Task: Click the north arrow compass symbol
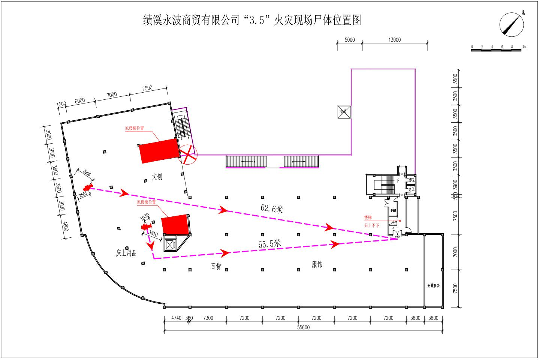(512, 25)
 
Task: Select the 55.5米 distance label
(269, 244)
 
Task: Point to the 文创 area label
(157, 177)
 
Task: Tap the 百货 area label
(216, 266)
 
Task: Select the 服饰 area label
(317, 264)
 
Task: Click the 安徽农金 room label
(433, 285)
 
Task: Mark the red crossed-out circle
(187, 154)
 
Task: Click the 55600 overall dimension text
(303, 327)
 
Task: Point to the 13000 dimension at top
(394, 40)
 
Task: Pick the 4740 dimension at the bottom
(176, 318)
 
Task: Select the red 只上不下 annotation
(372, 226)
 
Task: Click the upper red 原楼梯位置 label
(135, 128)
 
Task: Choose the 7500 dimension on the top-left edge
(147, 88)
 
